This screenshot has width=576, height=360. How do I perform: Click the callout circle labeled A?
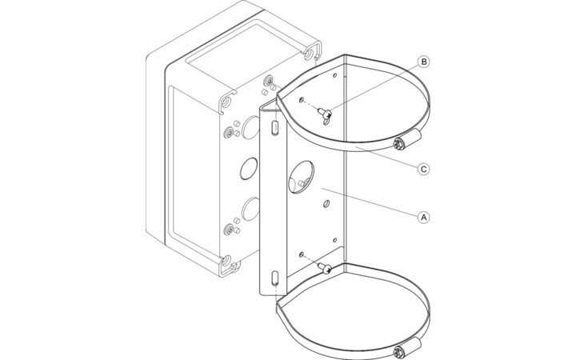(x=424, y=218)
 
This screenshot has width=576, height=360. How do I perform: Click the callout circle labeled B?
(x=424, y=62)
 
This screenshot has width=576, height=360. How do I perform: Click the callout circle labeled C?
(x=424, y=169)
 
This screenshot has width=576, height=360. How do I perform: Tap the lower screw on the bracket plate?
(x=324, y=268)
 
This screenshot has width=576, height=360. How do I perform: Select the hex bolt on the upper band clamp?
(x=398, y=144)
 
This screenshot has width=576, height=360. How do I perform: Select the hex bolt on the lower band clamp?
(x=398, y=352)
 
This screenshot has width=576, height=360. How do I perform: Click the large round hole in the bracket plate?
(x=301, y=177)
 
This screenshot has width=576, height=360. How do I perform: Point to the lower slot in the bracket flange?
(x=274, y=279)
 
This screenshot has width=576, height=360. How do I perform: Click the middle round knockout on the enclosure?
(x=248, y=169)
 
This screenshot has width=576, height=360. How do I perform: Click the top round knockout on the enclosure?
(x=251, y=127)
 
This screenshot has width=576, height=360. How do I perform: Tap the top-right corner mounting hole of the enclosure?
(x=308, y=55)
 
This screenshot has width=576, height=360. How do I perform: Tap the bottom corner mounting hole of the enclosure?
(x=226, y=261)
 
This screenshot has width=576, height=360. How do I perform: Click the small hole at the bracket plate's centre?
(x=326, y=203)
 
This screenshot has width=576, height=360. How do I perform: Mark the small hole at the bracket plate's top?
(x=334, y=75)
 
